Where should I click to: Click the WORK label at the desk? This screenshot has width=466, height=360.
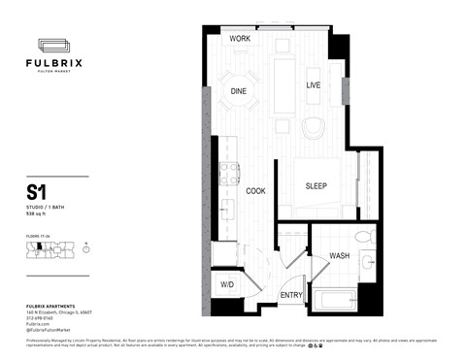click(240, 39)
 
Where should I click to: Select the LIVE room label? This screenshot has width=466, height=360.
click(314, 86)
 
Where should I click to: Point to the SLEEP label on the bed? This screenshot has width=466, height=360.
click(316, 186)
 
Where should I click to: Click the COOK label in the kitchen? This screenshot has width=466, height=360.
click(256, 191)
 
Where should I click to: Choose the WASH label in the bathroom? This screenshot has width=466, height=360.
click(340, 256)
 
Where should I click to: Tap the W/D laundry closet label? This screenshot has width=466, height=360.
click(226, 285)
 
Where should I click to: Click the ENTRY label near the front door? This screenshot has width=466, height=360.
click(290, 295)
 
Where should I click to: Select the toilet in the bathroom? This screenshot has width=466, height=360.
click(362, 237)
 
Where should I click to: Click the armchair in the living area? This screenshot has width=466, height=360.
click(315, 128)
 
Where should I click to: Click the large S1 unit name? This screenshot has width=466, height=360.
click(40, 191)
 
